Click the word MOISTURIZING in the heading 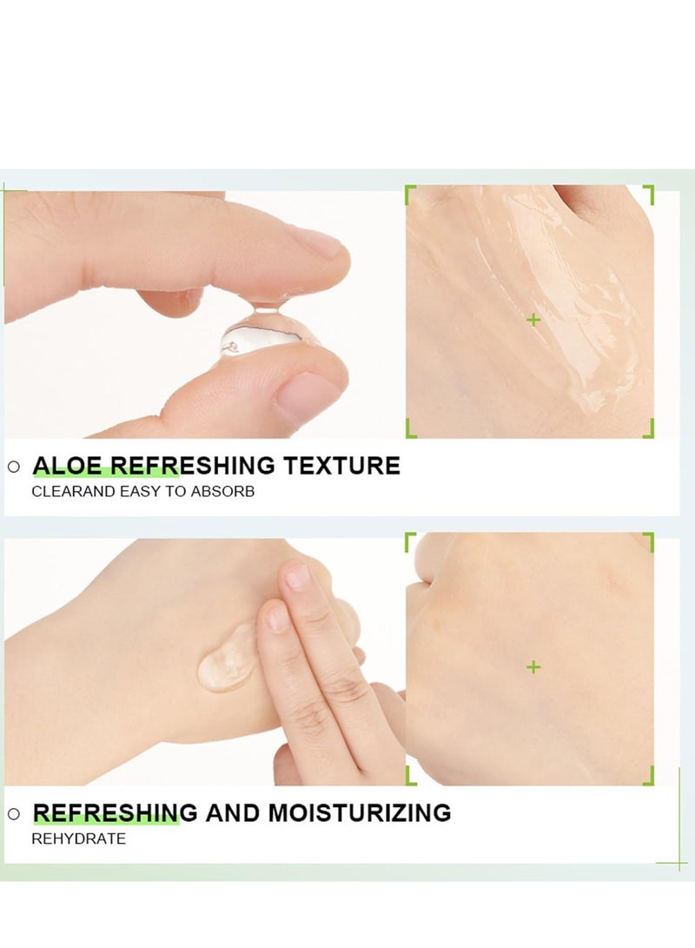pyautogui.click(x=359, y=813)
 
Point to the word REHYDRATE pyautogui.click(x=79, y=839)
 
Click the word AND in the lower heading pyautogui.click(x=233, y=813)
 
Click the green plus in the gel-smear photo pyautogui.click(x=533, y=320)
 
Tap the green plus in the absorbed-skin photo pyautogui.click(x=533, y=667)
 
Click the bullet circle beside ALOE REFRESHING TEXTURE pyautogui.click(x=13, y=467)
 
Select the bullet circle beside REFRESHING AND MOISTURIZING pyautogui.click(x=13, y=814)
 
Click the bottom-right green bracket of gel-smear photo pyautogui.click(x=648, y=431)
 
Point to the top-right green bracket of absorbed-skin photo pyautogui.click(x=648, y=539)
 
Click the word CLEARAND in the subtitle pyautogui.click(x=69, y=492)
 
